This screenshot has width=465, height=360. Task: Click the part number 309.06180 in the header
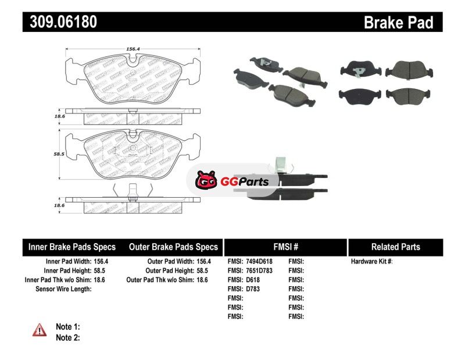pos(60,22)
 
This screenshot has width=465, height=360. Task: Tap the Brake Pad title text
pos(398,22)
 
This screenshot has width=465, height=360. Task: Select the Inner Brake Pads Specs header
pos(72,247)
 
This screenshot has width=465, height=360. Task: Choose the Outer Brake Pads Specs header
pos(173,247)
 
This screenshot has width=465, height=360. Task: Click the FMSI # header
pos(285,247)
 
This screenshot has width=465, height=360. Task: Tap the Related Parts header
pos(395,247)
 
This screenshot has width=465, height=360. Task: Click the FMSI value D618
pos(253,280)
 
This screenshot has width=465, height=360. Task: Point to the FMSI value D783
pos(253,289)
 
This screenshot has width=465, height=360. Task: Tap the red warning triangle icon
pos(39,330)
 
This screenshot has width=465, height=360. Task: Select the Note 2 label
pos(68,338)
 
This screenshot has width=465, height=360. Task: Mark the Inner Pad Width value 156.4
pos(101,262)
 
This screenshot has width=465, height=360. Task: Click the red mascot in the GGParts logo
pos(206,181)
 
